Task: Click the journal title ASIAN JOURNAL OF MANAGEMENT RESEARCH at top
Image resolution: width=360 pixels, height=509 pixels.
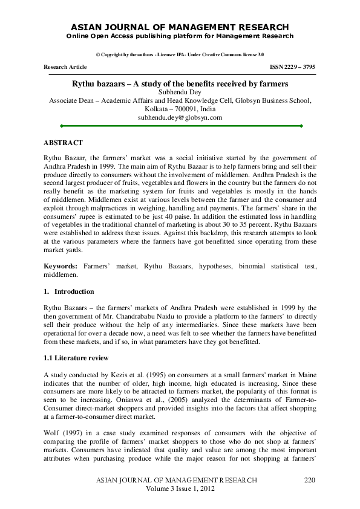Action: click(x=180, y=27)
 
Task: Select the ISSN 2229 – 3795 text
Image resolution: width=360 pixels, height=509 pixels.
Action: click(x=292, y=67)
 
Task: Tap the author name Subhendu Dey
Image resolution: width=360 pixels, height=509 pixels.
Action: click(x=180, y=92)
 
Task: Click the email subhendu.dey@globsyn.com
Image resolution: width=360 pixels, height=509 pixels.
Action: click(x=180, y=117)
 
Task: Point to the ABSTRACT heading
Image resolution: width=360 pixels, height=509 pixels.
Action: click(x=63, y=143)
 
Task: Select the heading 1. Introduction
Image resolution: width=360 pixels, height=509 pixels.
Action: click(x=68, y=291)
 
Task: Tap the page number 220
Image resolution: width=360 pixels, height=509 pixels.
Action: click(x=309, y=479)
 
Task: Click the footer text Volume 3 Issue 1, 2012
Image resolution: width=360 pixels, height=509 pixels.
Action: click(x=180, y=488)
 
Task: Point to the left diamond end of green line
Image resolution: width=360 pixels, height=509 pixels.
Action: click(x=61, y=126)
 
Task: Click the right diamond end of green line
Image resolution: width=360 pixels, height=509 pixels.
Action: click(x=301, y=126)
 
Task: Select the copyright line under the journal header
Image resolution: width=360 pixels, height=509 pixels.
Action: click(x=180, y=54)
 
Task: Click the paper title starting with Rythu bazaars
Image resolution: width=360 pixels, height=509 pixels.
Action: click(x=180, y=83)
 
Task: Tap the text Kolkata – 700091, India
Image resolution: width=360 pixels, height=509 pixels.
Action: click(x=180, y=109)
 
